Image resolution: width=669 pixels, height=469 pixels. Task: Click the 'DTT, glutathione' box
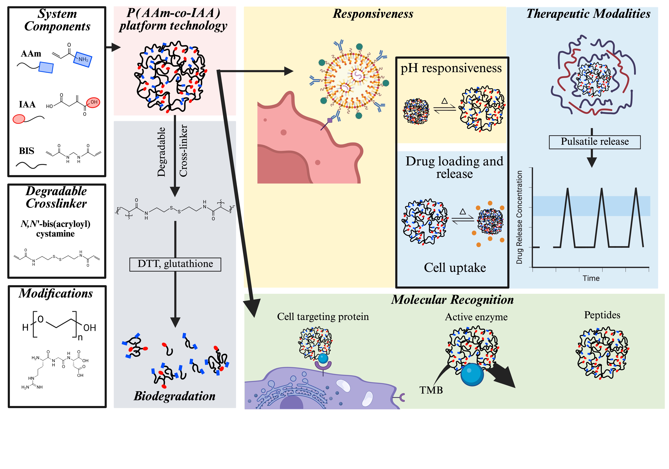pyautogui.click(x=175, y=264)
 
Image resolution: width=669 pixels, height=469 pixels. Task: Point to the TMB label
pyautogui.click(x=431, y=390)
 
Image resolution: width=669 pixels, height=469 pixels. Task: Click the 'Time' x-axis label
pyautogui.click(x=591, y=278)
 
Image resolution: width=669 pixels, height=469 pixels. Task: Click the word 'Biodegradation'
pyautogui.click(x=175, y=396)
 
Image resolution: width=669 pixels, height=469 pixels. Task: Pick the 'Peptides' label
pyautogui.click(x=602, y=315)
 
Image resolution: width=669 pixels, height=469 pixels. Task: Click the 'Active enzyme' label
pyautogui.click(x=476, y=317)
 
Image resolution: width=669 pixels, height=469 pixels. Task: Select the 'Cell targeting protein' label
pyautogui.click(x=323, y=316)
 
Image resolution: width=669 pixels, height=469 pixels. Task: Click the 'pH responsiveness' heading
pyautogui.click(x=451, y=68)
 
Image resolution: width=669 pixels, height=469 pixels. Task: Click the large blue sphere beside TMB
pyautogui.click(x=472, y=374)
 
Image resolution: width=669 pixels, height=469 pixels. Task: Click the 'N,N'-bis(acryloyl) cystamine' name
pyautogui.click(x=55, y=229)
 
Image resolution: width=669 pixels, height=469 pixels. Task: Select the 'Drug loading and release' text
pyautogui.click(x=454, y=167)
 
